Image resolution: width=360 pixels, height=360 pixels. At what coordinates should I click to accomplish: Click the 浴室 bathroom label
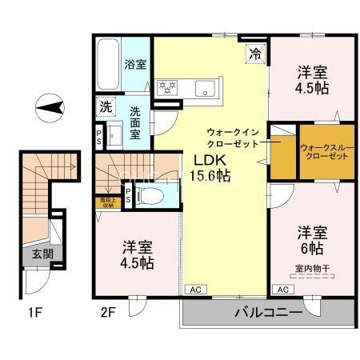coord(134,65)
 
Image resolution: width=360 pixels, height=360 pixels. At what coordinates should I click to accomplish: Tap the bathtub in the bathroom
coord(108,62)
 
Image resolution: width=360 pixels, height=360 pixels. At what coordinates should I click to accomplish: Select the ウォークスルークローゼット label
coord(324,150)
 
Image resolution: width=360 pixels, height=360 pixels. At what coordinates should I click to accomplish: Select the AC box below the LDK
coord(194,289)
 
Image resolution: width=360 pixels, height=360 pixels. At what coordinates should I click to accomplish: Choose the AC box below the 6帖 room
coord(282,289)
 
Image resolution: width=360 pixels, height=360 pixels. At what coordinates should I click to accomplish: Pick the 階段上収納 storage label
coord(106,203)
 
